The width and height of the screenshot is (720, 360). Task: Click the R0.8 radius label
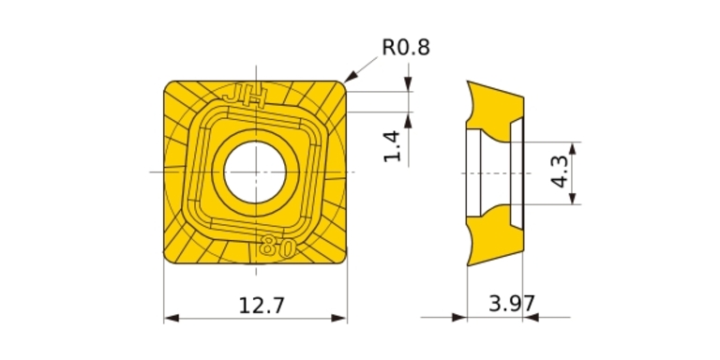coord(406,47)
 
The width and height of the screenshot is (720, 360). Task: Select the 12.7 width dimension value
coord(262,306)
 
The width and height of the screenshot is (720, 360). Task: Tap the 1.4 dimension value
coord(393,146)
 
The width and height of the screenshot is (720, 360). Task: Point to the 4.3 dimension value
coord(561,171)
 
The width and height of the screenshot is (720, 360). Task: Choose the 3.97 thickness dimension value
coord(512,304)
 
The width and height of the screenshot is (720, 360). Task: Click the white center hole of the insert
coord(255,172)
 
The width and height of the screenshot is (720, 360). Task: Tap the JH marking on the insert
coord(245,97)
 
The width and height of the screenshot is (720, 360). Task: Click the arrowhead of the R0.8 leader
coord(350,77)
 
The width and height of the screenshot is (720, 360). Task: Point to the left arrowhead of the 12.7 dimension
coord(171,318)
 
